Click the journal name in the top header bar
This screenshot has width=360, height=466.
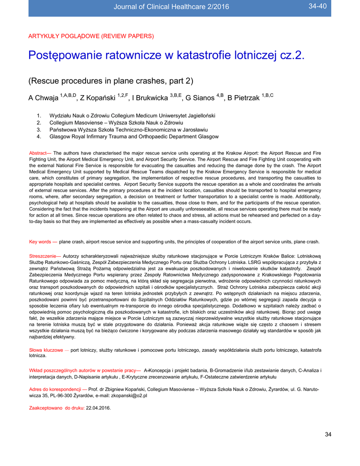point(171,6)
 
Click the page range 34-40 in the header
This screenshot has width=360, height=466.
point(318,5)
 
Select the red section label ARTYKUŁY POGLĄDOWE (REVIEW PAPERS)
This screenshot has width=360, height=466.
point(91,35)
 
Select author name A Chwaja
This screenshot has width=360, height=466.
point(44,98)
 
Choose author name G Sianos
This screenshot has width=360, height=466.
point(199,98)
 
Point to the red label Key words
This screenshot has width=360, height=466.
point(42,242)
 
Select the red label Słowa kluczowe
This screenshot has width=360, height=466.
point(46,349)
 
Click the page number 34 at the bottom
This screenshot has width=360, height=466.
point(328,434)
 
